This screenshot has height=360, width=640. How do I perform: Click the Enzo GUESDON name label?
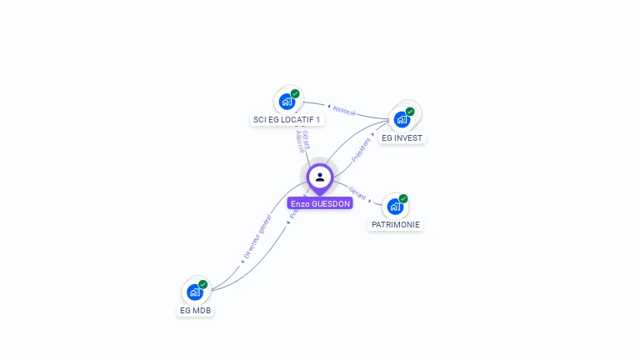pos(320,203)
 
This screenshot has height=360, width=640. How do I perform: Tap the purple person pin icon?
pos(320,177)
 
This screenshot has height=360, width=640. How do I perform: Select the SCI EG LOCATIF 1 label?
pos(287,120)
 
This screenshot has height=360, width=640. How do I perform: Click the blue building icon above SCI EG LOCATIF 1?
pos(287,102)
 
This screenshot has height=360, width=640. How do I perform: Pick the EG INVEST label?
pos(402,137)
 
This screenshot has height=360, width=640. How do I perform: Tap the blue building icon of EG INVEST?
pos(402,119)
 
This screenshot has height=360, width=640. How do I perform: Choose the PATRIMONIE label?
pos(396,225)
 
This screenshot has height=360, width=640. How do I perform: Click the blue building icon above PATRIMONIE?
pos(396,206)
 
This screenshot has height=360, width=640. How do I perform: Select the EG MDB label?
pos(196,310)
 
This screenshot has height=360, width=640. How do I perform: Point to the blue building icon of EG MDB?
pos(195,292)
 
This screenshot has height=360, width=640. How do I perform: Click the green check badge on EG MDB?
pos(202,284)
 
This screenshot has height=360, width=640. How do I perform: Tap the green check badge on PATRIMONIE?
pos(403,198)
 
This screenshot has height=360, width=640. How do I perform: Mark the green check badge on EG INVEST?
pos(410,112)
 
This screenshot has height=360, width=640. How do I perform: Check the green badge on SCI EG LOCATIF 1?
pos(295,94)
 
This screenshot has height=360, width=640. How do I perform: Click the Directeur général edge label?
pos(258,237)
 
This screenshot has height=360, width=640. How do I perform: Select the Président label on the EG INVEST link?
pos(362,149)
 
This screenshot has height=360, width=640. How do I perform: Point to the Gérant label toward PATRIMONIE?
pos(357,193)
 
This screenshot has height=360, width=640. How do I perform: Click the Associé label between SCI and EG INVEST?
pos(344,110)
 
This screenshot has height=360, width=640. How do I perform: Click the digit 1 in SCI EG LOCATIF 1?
pos(317,120)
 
